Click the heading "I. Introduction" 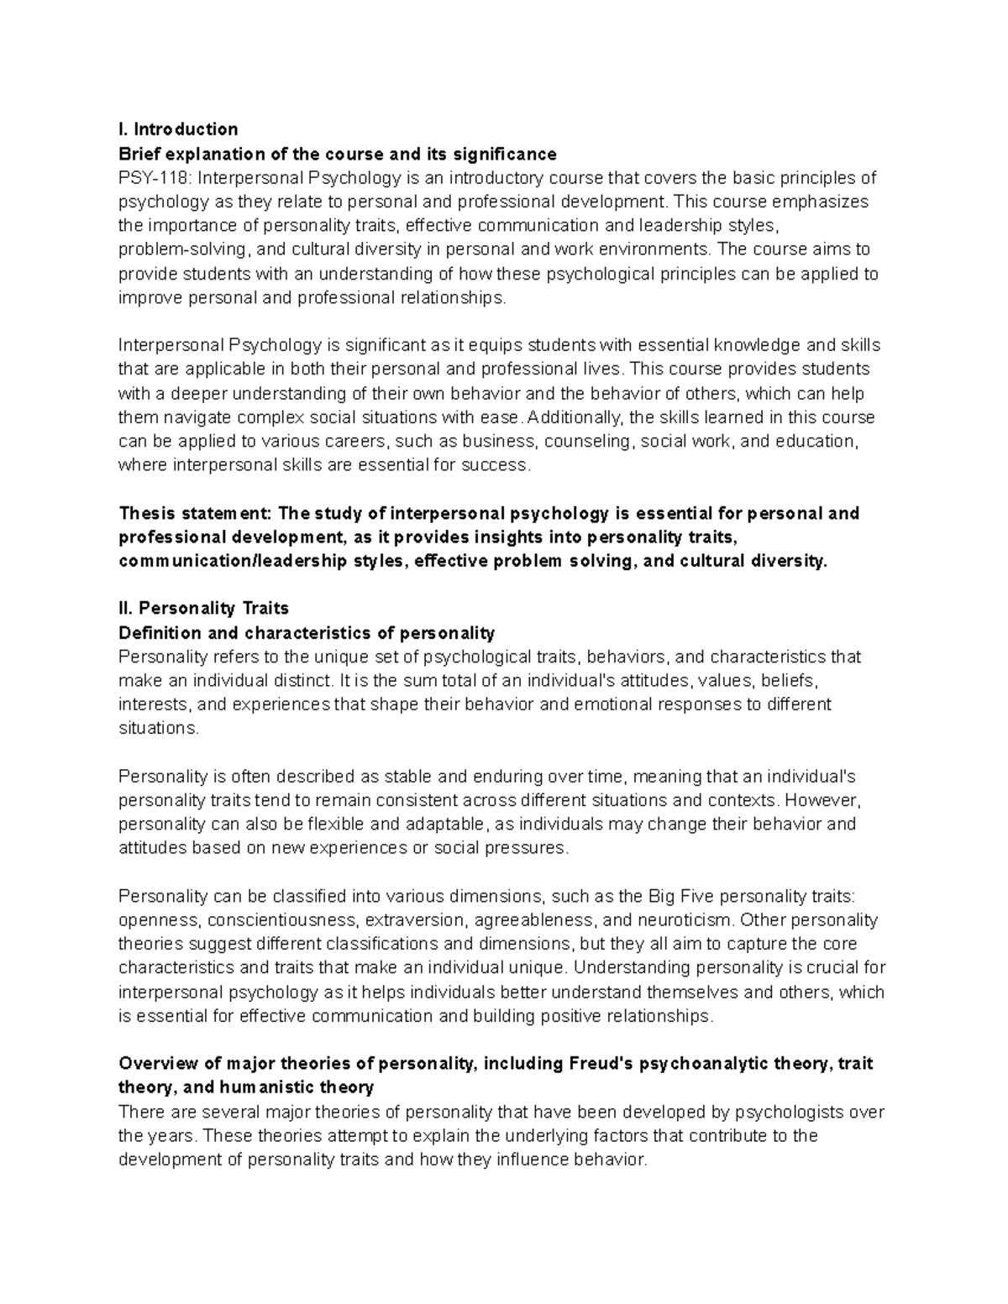click(x=178, y=129)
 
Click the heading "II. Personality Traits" click(x=204, y=608)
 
